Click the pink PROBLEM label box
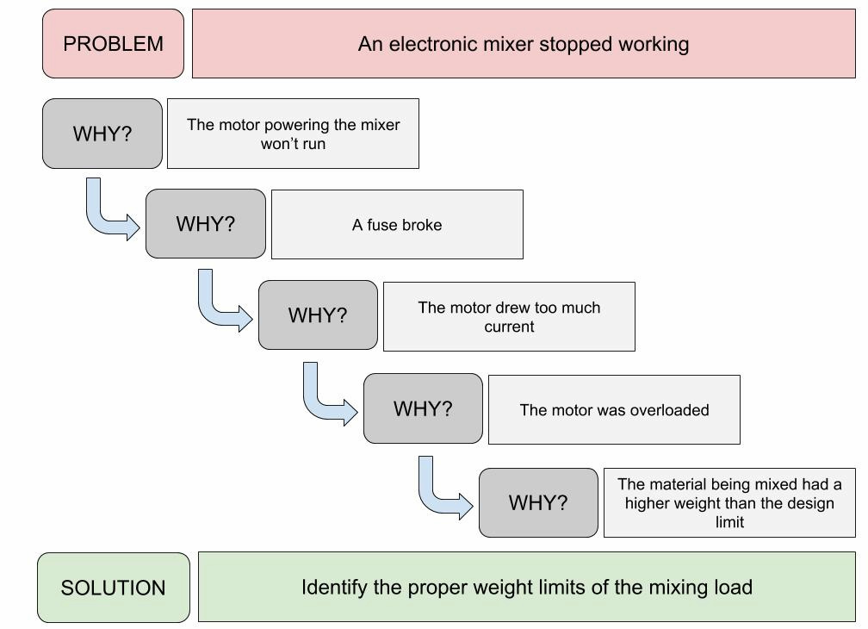113,44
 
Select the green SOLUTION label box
113,588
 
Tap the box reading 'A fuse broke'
397,225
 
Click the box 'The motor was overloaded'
614,410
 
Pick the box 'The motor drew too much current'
509,317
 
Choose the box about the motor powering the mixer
293,134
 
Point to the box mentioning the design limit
729,503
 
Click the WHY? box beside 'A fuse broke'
205,224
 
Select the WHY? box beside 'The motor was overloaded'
423,409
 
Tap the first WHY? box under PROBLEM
102,134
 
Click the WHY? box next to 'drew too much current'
318,315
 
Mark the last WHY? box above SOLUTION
538,503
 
